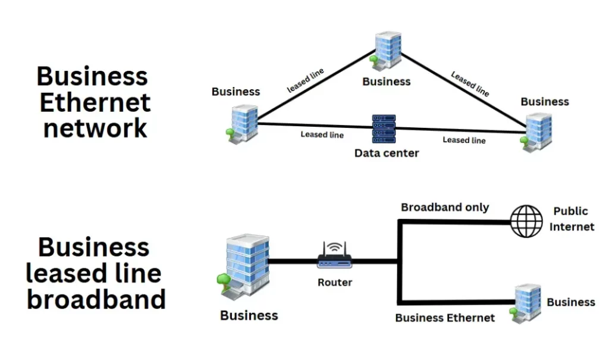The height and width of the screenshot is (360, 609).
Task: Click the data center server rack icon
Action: [384, 129]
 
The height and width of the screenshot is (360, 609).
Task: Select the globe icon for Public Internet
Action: [528, 221]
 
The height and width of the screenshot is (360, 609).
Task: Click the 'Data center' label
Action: [387, 154]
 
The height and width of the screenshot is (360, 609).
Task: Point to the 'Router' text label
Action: [335, 283]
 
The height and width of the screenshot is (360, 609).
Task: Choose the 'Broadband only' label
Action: [445, 208]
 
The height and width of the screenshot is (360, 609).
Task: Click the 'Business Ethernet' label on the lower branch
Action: [445, 318]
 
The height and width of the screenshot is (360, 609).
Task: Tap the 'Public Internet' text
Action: [571, 219]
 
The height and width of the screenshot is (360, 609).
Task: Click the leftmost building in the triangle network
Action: [242, 123]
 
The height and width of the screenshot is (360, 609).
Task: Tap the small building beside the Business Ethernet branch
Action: [526, 303]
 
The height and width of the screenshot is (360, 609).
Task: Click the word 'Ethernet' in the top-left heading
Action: [95, 102]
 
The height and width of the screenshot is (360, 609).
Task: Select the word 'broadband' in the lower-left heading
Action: [96, 299]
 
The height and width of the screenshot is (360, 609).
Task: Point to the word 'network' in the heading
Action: [95, 128]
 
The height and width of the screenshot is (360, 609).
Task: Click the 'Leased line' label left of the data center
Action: [322, 134]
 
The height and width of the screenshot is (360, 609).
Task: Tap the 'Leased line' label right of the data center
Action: [464, 140]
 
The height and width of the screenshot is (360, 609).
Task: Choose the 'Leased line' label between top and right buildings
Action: [470, 84]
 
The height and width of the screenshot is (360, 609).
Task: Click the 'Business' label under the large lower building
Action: [249, 315]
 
